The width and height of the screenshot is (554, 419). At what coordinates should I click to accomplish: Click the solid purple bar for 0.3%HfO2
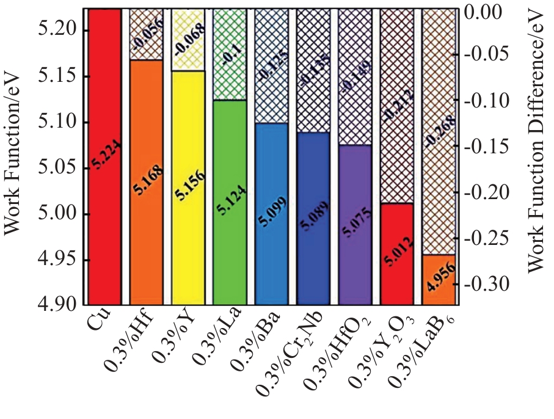coord(354,226)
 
